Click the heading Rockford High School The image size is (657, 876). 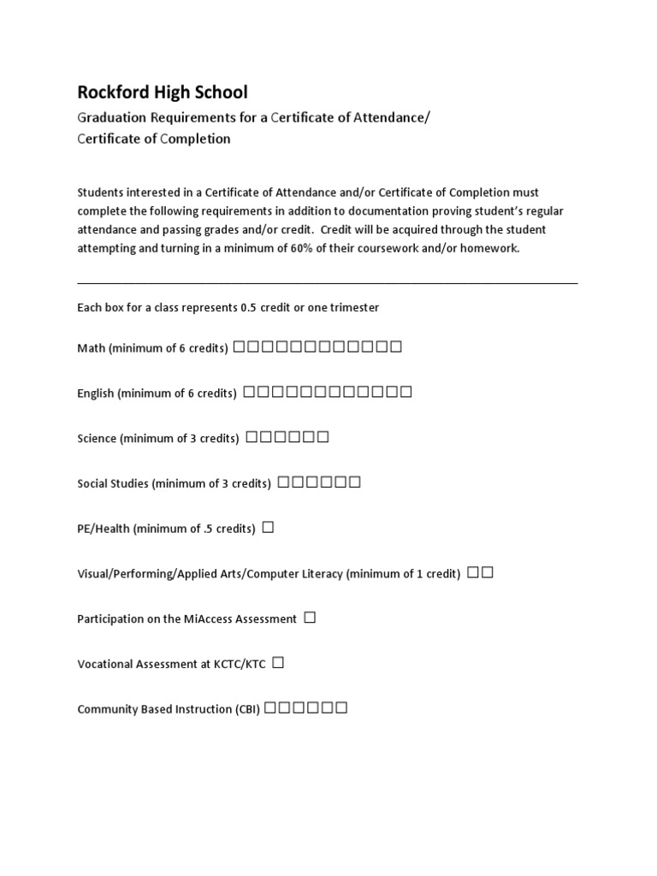[x=163, y=92]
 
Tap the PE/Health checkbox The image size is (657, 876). [x=268, y=528]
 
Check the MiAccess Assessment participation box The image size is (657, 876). [x=310, y=618]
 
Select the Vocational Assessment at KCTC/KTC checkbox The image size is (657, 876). [x=278, y=662]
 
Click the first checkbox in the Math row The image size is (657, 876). [x=239, y=347]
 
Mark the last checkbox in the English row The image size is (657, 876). [x=406, y=393]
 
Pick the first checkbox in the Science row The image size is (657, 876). [x=252, y=437]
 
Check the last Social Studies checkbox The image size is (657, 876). [x=354, y=482]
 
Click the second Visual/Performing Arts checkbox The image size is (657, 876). [x=488, y=573]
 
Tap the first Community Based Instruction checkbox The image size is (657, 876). [x=270, y=707]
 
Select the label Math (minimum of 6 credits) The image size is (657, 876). [x=153, y=348]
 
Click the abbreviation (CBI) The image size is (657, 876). [x=247, y=709]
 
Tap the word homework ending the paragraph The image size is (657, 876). [x=490, y=248]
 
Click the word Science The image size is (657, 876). [x=97, y=438]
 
